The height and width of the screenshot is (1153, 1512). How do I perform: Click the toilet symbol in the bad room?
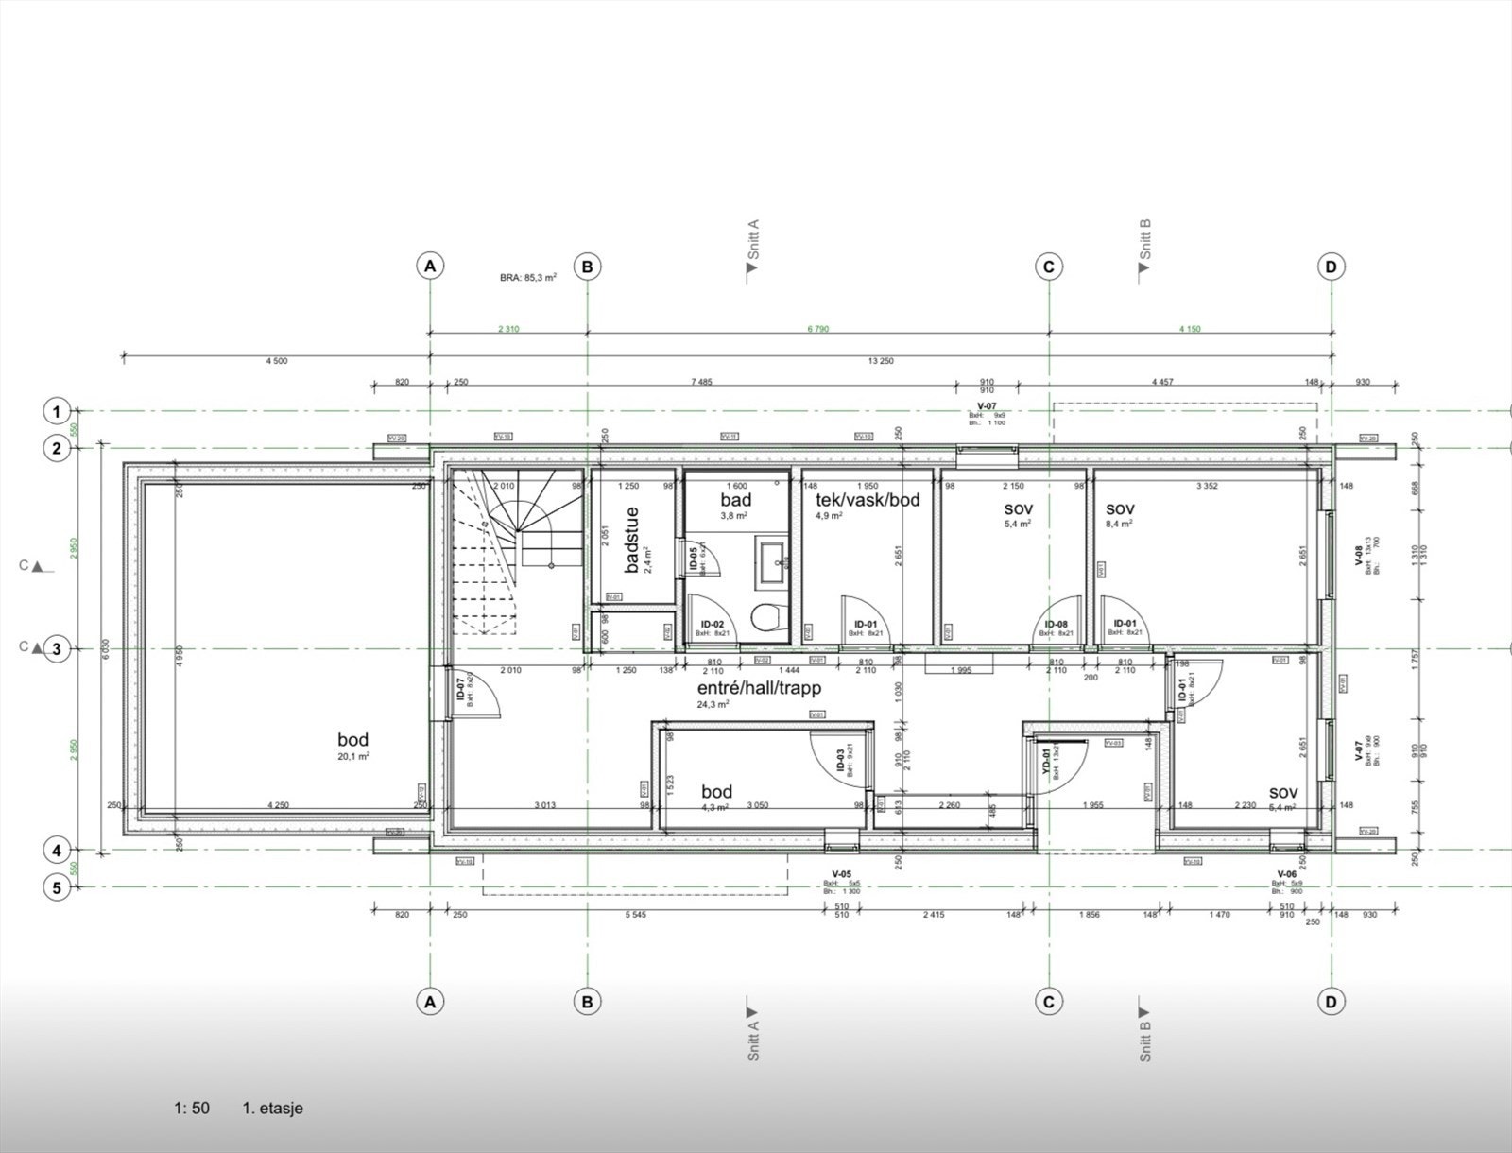coord(765,619)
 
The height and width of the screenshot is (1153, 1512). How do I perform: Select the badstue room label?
coord(632,540)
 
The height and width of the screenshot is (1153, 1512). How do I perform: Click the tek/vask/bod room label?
coord(868,499)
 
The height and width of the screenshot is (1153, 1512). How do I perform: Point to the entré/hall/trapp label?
coord(759,688)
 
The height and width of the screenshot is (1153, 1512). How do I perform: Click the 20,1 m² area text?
coord(353,757)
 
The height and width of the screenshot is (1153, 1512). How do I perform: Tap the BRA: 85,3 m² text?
coord(528,278)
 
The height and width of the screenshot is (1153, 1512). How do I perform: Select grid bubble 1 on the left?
coord(57,411)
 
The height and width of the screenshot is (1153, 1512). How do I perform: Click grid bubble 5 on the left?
coord(57,887)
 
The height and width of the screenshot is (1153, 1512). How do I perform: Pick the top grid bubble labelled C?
coord(1048,267)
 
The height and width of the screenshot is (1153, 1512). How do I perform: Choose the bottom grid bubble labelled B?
coord(587,1002)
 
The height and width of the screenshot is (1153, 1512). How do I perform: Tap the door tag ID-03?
coord(840,763)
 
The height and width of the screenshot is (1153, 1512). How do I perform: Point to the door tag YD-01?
coord(1046,762)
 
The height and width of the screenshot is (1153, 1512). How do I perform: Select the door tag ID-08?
coord(1056,624)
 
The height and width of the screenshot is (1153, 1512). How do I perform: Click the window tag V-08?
coord(1358,556)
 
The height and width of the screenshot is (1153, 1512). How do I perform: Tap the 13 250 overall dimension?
coord(880,361)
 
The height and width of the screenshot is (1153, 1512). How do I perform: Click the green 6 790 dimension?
coord(818,329)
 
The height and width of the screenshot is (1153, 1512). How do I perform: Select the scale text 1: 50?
coord(192,1108)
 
